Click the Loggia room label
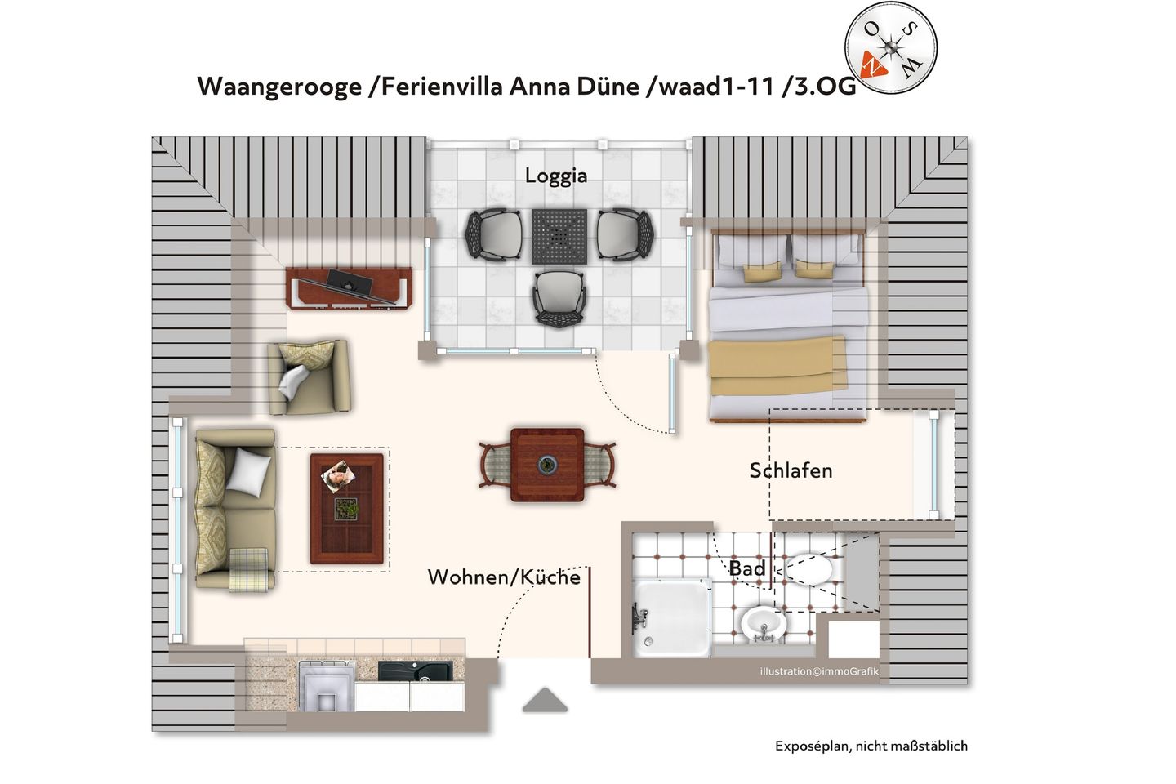click(555, 176)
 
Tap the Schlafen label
click(791, 470)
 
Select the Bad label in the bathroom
click(747, 568)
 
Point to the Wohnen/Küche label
click(504, 577)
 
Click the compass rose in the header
click(890, 48)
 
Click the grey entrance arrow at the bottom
click(545, 700)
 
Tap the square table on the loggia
click(559, 237)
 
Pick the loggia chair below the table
click(559, 298)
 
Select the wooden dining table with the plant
click(547, 465)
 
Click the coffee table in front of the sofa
click(347, 508)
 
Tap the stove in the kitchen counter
click(327, 684)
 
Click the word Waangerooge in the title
click(279, 86)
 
